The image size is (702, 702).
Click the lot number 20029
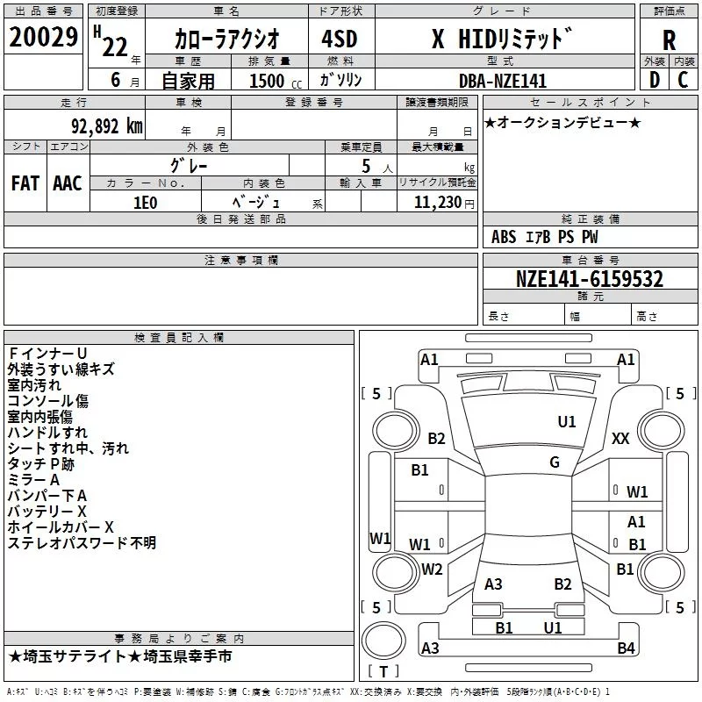(x=43, y=37)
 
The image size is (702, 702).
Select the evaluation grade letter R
(x=669, y=40)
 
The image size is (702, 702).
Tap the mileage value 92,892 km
(x=107, y=126)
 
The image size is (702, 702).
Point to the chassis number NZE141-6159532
(x=589, y=279)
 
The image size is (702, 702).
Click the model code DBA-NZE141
(x=503, y=81)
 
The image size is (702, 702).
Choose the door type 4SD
(x=340, y=39)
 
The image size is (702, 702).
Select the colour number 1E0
(x=146, y=203)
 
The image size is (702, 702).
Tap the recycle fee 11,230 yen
(x=444, y=203)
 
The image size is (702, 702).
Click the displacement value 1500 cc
(x=276, y=81)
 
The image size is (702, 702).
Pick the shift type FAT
(x=25, y=183)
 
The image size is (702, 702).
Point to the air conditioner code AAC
(x=68, y=183)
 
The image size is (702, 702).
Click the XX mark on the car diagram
(x=620, y=438)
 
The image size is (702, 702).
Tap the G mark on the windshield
(x=555, y=462)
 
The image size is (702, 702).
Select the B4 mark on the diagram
(x=626, y=648)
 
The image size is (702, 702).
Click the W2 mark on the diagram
(x=432, y=569)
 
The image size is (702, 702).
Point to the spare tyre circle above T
(x=383, y=641)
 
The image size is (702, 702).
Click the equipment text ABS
(x=504, y=237)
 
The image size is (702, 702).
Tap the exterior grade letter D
(x=655, y=80)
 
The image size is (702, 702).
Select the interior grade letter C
(x=683, y=80)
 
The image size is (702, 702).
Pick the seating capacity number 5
(x=366, y=166)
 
